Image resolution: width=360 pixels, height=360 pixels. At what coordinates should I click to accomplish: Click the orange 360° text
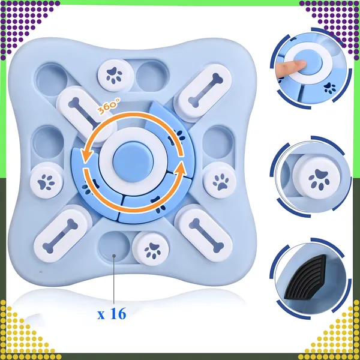109,106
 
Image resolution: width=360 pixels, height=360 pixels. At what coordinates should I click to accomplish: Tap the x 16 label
112,314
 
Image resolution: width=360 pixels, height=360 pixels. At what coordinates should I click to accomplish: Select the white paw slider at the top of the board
116,76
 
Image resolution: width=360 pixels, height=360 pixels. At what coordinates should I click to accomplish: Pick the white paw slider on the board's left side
47,181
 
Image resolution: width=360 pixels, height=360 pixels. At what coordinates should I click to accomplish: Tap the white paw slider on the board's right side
220,180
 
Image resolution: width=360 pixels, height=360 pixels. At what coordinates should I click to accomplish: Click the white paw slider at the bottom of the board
151,248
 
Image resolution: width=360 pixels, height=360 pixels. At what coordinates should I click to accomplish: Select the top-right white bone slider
203,91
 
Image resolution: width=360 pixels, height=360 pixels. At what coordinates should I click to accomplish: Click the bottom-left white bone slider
61,233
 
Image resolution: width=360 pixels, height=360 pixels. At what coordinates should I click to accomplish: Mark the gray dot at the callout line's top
114,256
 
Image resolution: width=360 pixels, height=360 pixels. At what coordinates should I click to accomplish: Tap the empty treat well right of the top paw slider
152,76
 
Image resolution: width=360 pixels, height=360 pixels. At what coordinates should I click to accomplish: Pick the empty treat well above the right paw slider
218,142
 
